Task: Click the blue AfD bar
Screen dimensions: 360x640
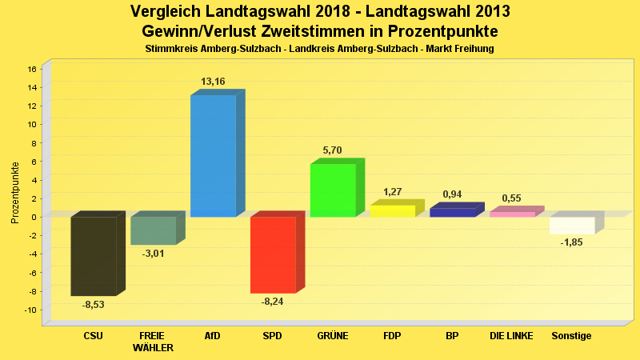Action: coord(213,155)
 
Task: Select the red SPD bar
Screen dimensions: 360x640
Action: coord(273,254)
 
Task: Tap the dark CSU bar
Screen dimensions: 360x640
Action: coord(93,256)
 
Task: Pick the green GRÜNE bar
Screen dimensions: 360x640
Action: coord(332,190)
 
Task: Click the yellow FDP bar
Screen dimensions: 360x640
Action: coord(392,211)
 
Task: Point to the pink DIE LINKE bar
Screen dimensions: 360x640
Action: coord(512,214)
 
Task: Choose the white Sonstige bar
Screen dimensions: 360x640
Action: coord(572,225)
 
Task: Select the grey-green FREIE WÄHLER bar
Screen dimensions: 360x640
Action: coord(153,230)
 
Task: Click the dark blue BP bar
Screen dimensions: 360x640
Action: coord(452,213)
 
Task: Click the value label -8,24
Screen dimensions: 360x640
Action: coord(272,302)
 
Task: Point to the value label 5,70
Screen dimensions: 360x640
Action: coord(332,150)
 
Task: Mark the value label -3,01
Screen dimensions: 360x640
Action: coord(153,254)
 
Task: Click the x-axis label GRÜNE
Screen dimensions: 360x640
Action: coord(332,336)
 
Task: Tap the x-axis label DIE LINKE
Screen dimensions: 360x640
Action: coord(512,336)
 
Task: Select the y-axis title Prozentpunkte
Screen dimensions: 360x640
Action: coord(15,192)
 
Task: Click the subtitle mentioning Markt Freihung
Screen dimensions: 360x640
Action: coord(319,49)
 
